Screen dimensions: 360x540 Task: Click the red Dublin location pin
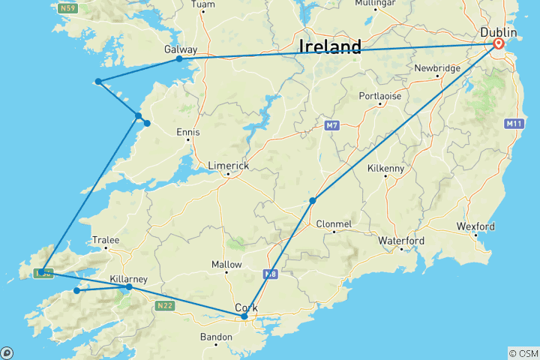coord(499,44)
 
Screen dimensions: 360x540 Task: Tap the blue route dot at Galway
coord(179,58)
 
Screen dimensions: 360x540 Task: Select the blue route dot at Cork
coord(244,316)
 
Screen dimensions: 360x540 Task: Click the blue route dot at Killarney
coord(129,286)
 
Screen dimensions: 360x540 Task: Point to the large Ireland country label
coord(330,46)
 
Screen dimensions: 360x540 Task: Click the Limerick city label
coord(229,166)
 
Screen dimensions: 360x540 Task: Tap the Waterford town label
coord(401,241)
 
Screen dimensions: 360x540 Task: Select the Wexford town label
coord(476,226)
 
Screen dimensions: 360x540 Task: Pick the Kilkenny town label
coord(385,168)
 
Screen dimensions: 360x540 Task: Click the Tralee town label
coord(106,240)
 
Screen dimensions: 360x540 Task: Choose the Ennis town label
coord(187,132)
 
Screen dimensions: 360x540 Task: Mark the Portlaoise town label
coord(380,96)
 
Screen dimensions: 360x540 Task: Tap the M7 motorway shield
coord(332,124)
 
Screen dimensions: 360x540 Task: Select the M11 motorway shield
coord(514,123)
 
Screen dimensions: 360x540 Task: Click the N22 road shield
coord(165,305)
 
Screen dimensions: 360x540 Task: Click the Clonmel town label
coord(334,223)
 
